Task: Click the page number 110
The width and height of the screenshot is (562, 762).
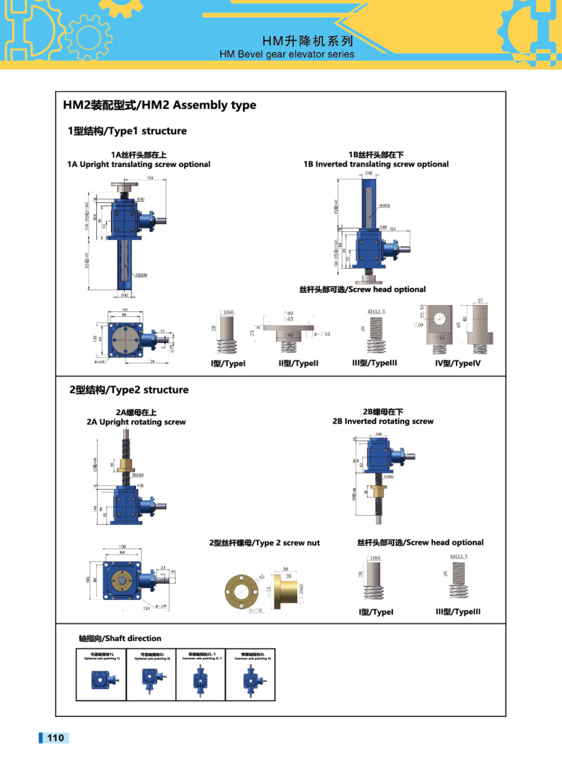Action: [x=55, y=738]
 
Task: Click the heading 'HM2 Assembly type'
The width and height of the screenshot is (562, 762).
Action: [x=159, y=105]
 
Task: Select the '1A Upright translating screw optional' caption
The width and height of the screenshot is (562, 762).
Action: [x=139, y=164]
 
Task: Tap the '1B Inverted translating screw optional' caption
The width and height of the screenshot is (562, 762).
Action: [x=376, y=164]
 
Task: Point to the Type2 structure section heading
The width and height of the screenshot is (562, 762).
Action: [x=128, y=390]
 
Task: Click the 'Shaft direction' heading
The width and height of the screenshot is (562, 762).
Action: [x=120, y=638]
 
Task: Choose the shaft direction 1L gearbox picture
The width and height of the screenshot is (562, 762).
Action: [x=100, y=681]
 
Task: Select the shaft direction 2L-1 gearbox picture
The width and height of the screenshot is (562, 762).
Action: [x=200, y=681]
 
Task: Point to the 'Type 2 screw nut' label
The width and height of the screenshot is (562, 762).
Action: [x=264, y=543]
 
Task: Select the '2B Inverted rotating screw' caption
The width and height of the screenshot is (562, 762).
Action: [x=383, y=421]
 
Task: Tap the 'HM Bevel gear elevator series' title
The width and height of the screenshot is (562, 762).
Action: [x=287, y=54]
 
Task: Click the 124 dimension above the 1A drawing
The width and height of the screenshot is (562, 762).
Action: [x=150, y=178]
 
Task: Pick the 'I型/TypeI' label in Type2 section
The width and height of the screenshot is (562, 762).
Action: [x=376, y=612]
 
